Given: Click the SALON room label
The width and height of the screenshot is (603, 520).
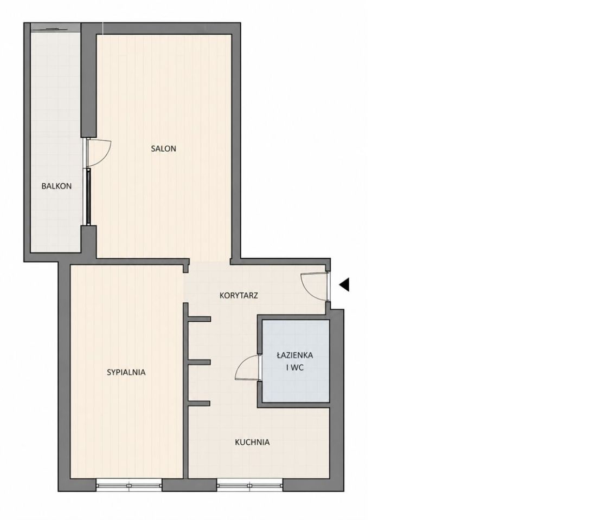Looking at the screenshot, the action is point(163,148).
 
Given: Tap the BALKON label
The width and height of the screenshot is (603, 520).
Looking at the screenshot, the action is point(56,186).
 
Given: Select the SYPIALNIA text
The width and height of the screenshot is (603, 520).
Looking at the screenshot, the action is point(126,372).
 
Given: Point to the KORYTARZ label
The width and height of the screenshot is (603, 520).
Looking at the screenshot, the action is point(239,296).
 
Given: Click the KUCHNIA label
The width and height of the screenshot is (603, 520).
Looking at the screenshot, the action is point(252,443).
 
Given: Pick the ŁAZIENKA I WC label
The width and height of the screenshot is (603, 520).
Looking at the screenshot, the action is point(295,361).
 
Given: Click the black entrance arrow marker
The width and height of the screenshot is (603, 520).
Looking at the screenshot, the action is point(344,284).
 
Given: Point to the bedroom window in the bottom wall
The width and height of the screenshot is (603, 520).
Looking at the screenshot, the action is point(129,485).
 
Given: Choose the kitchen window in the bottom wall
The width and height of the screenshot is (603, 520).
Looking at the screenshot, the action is point(249,485).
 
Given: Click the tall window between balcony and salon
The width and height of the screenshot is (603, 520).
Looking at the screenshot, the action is point(88,196).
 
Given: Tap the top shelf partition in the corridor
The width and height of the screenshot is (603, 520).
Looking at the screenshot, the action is point(199,319).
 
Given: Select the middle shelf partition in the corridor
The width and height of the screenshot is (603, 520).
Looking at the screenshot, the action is point(199,362).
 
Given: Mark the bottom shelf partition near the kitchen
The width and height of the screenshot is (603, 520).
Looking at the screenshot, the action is point(199,404).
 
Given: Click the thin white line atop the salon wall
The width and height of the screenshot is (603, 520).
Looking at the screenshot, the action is point(103,28).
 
